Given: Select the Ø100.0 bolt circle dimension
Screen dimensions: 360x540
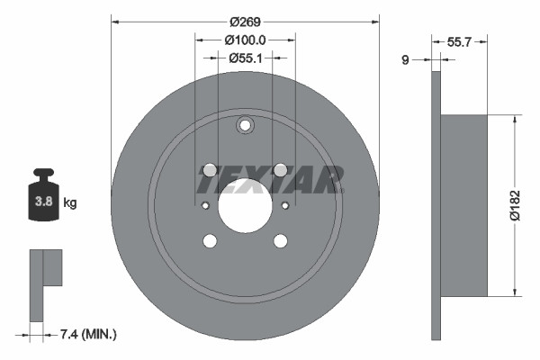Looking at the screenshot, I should (x=245, y=40).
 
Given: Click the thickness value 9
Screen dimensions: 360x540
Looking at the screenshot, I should (x=405, y=60).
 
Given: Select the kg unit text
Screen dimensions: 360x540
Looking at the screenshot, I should (x=69, y=203).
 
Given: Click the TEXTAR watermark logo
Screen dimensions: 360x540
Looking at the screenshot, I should (x=270, y=180).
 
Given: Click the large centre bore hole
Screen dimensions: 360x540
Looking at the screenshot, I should (x=245, y=205).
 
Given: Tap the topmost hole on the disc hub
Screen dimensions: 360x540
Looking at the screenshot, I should (x=245, y=126).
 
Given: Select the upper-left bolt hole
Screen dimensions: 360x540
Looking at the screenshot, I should (x=210, y=170).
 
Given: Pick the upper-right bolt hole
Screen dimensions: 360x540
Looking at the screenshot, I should (x=280, y=170).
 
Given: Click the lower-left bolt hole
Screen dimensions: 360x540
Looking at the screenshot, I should (x=210, y=240).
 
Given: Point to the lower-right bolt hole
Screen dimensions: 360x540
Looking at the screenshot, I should (x=280, y=240).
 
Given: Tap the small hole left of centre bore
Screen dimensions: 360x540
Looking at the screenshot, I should (x=205, y=205).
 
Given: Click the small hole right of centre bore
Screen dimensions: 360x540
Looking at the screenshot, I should (x=285, y=205).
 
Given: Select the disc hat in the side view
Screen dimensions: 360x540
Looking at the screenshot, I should (x=464, y=205).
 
